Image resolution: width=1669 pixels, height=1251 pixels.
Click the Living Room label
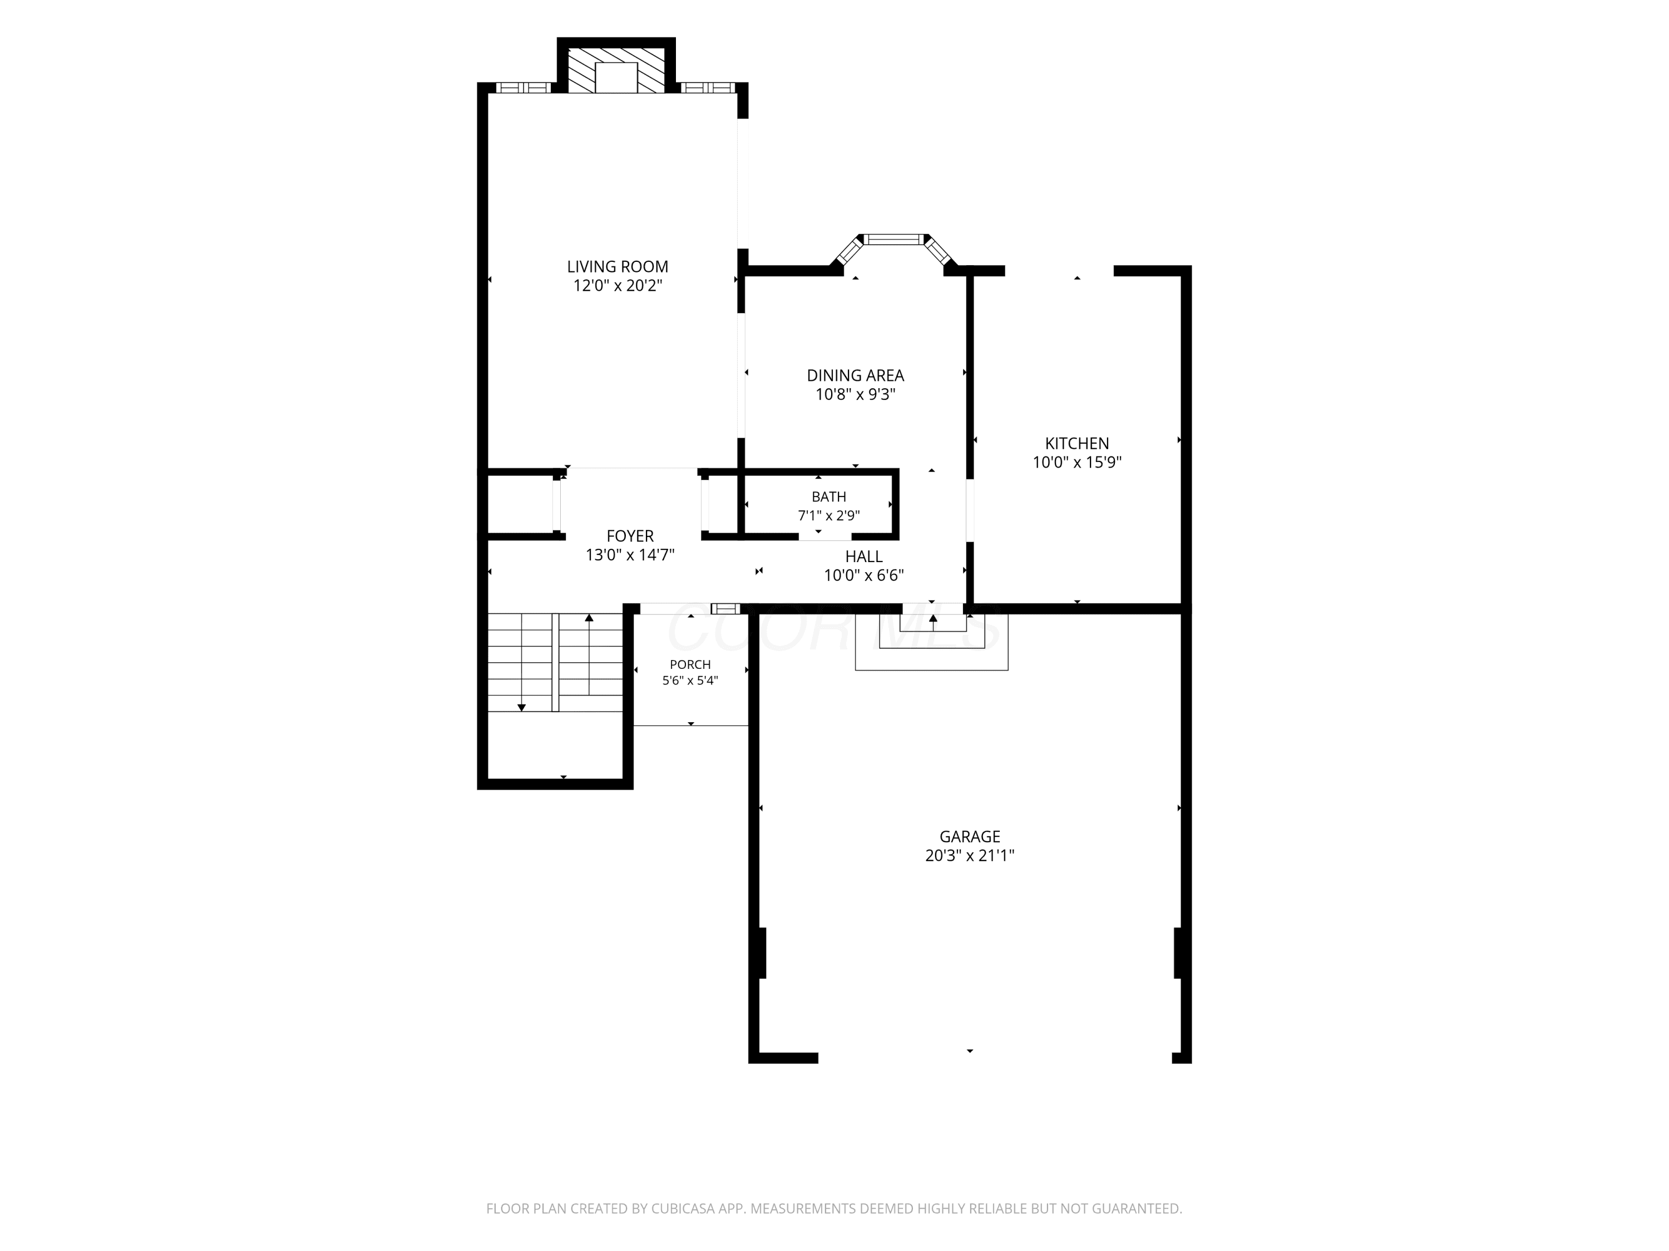click(x=617, y=267)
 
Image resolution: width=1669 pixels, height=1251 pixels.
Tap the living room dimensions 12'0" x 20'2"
click(x=617, y=286)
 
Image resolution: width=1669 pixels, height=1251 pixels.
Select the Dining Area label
click(x=855, y=375)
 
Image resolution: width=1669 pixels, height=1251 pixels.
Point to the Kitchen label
click(x=1077, y=443)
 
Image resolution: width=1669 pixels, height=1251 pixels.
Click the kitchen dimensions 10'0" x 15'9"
click(x=1077, y=462)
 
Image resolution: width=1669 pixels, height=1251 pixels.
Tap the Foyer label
click(x=630, y=536)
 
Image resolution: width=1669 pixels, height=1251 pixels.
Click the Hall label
click(x=863, y=557)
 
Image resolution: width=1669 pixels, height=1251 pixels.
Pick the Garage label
click(x=970, y=836)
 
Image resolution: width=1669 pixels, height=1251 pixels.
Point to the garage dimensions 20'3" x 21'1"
click(x=970, y=855)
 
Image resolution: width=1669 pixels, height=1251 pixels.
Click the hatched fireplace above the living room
click(x=616, y=71)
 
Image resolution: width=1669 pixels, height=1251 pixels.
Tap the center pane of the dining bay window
click(x=894, y=240)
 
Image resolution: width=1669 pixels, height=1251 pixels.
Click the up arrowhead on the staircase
click(x=589, y=618)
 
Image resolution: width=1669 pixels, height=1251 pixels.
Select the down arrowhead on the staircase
click(x=521, y=707)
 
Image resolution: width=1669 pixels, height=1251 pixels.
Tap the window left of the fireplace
click(x=524, y=87)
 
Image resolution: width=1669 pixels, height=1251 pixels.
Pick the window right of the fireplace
click(x=708, y=87)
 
